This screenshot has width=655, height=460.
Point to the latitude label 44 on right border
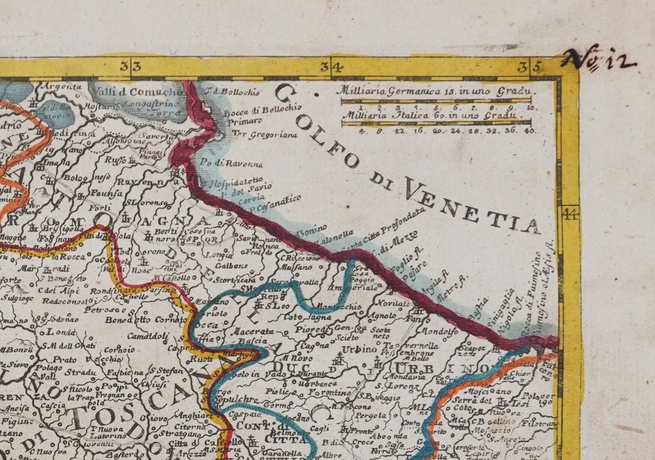coord(570,213)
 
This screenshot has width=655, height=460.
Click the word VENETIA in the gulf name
coord(471,206)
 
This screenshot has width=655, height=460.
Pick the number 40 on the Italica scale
coord(529,130)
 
